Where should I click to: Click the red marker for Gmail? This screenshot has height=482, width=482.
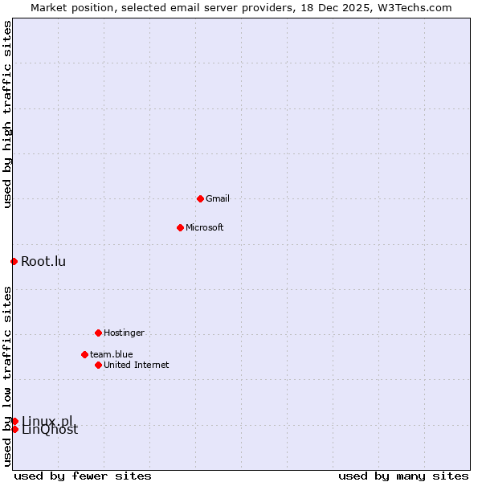point(200,198)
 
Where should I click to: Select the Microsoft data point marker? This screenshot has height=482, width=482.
point(180,227)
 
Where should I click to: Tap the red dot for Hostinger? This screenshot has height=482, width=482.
point(98,333)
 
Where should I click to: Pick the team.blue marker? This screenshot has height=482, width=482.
point(84,354)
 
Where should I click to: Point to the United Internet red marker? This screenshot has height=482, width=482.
point(98,365)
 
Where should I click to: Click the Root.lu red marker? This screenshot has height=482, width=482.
point(14,261)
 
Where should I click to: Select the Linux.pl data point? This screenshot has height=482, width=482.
point(14,421)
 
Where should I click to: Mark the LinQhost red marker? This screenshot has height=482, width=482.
point(14,429)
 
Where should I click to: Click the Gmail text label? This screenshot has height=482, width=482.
point(218,198)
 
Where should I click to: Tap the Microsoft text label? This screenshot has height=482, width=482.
point(204,227)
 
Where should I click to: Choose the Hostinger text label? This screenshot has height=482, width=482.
point(124,333)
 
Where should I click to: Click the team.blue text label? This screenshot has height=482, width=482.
point(112,354)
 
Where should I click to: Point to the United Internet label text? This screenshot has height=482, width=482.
point(137,365)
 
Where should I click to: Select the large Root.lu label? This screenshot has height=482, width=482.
point(43,261)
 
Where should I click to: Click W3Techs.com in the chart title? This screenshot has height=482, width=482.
point(415,7)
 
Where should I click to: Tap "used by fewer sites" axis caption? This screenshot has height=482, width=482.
point(83,476)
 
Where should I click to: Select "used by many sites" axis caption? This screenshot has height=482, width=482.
point(403,476)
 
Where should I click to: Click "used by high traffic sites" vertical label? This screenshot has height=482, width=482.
point(7,114)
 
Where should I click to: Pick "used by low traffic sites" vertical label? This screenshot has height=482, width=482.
point(7,376)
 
